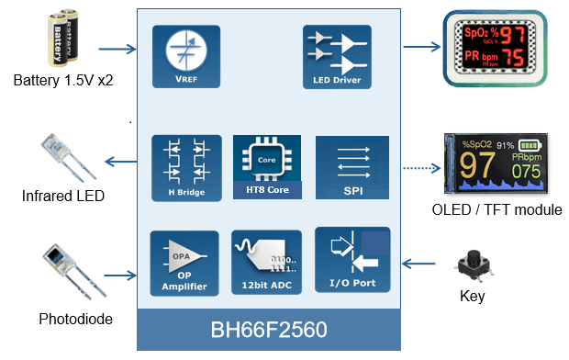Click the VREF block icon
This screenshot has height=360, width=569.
(x=185, y=56)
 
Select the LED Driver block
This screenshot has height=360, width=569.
(x=337, y=56)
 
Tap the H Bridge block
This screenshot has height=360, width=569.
(x=185, y=168)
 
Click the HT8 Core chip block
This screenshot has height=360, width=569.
(x=267, y=168)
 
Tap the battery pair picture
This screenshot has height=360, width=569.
(x=61, y=39)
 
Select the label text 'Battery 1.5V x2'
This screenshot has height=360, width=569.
(x=61, y=82)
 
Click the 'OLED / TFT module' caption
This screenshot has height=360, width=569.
(x=496, y=210)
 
